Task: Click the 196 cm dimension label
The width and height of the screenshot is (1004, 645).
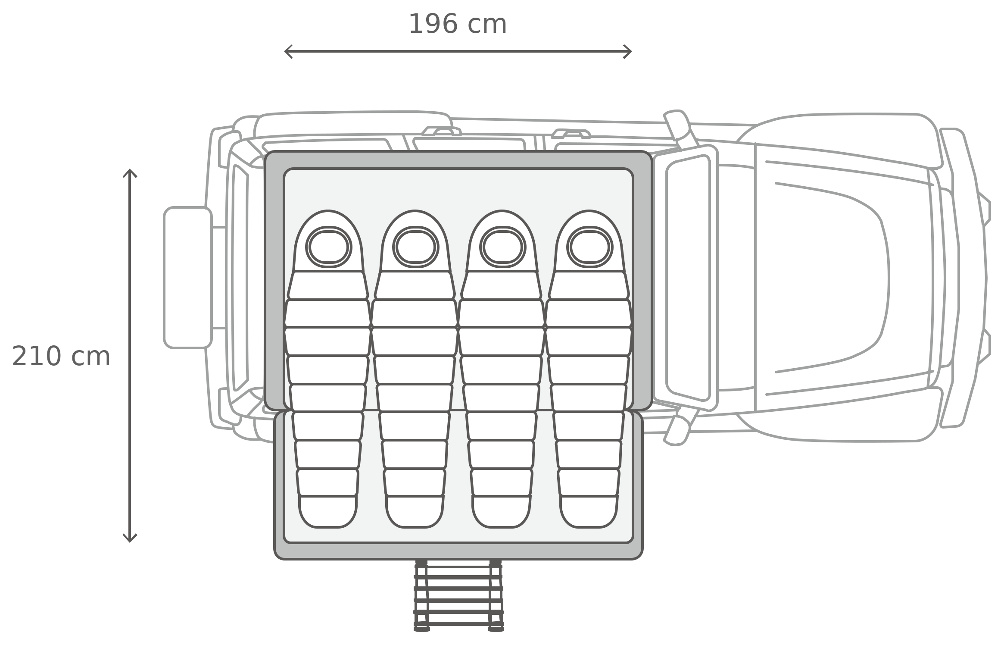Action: pyautogui.click(x=457, y=24)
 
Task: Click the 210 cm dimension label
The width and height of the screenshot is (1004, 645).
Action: pyautogui.click(x=61, y=356)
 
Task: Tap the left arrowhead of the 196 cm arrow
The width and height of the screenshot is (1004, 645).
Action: pyautogui.click(x=288, y=52)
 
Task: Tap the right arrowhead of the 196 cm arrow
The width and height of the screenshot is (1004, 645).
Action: pyautogui.click(x=628, y=52)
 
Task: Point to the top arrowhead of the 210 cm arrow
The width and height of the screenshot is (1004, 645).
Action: pyautogui.click(x=130, y=173)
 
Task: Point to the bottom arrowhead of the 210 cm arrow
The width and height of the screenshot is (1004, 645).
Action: pyautogui.click(x=130, y=538)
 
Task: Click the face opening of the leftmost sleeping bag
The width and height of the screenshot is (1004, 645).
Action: pyautogui.click(x=329, y=247)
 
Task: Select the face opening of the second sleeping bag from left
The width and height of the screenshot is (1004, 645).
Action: pyautogui.click(x=416, y=247)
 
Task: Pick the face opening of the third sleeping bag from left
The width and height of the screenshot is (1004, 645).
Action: pyautogui.click(x=503, y=247)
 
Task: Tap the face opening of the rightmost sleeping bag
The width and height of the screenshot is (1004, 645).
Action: pyautogui.click(x=590, y=247)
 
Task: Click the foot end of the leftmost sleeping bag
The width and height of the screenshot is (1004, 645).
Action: pyautogui.click(x=328, y=512)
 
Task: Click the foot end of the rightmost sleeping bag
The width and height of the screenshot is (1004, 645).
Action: pyautogui.click(x=589, y=512)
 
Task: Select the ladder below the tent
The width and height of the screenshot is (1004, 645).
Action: pyautogui.click(x=458, y=595)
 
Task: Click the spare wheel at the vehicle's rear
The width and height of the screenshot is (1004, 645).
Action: pyautogui.click(x=188, y=277)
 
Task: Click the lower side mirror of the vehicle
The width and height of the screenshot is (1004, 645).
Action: pyautogui.click(x=677, y=430)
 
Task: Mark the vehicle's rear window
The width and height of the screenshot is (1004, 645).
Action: pyautogui.click(x=240, y=278)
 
